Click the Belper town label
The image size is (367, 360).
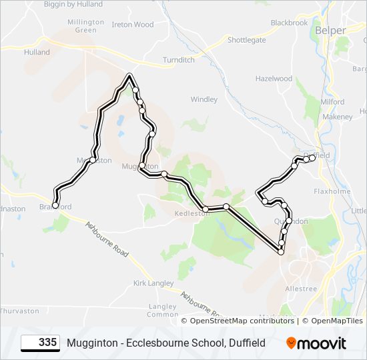pos(330,31)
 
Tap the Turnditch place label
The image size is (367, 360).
pos(179,60)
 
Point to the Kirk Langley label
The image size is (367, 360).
pos(153,283)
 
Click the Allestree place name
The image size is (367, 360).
pos(301,289)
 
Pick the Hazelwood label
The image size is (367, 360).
pos(274,79)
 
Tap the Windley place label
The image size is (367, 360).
pos(204,99)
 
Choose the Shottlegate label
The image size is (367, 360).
pos(246,40)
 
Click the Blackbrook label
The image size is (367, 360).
pos(289,23)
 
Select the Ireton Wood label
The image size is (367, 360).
pos(132,25)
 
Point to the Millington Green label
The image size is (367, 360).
pos(86,26)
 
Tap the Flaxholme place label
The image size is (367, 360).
pos(332,191)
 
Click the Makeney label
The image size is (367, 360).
pos(337,117)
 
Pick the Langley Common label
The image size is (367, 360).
pos(162,311)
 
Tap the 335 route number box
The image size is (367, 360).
pos(40,343)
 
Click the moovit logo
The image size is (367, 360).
pos(316,343)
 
